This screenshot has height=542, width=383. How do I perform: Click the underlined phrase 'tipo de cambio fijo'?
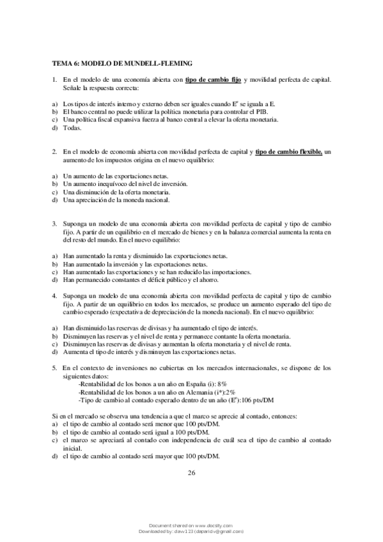(x=214, y=79)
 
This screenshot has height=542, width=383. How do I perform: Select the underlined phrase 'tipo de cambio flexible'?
(x=288, y=151)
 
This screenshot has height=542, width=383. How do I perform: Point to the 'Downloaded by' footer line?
(x=191, y=530)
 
